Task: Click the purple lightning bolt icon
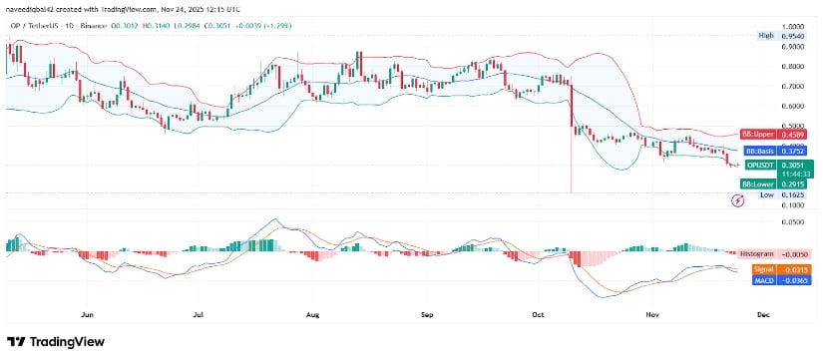pos(738,200)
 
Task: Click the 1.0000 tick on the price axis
pos(793,27)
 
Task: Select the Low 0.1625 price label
pos(780,195)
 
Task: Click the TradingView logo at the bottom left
pos(58,340)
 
